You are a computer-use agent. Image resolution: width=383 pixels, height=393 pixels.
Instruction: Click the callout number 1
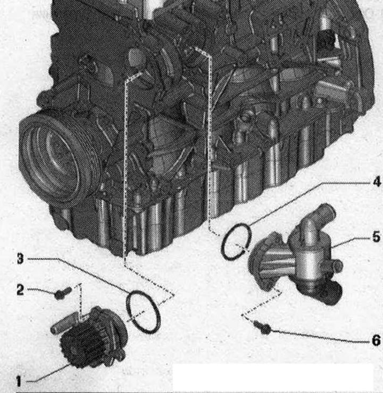click(x=19, y=381)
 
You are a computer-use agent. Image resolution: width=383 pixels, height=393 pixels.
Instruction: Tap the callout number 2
click(x=20, y=290)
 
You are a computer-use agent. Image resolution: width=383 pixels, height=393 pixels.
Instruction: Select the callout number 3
click(x=21, y=259)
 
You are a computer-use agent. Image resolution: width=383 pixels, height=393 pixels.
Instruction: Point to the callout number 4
click(x=376, y=182)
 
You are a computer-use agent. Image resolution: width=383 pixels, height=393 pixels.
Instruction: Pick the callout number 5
click(x=376, y=237)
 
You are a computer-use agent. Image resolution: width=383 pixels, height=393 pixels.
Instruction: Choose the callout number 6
click(x=376, y=340)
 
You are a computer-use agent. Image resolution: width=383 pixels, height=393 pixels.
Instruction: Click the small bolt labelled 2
click(x=63, y=293)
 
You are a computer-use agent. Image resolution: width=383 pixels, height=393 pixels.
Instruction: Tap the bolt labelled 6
click(x=262, y=328)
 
